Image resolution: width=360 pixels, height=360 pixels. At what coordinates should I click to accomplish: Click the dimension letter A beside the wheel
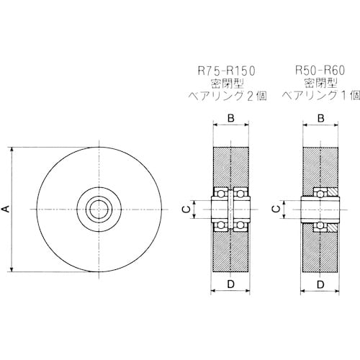tap(6, 209)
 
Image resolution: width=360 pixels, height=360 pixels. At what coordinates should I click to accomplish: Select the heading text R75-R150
tap(226, 71)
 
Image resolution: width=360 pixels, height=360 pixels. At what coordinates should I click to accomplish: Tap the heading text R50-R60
tap(320, 71)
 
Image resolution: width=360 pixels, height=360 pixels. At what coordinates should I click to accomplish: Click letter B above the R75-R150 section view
tap(231, 118)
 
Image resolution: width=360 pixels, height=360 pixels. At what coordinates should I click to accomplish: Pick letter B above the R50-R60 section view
tap(321, 118)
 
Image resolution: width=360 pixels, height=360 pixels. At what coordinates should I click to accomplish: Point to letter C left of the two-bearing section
tap(186, 210)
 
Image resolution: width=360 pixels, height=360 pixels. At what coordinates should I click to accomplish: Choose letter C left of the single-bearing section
tap(276, 209)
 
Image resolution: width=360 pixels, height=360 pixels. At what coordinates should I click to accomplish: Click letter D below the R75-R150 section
tap(230, 284)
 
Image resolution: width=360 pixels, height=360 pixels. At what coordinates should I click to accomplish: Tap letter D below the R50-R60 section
tap(320, 284)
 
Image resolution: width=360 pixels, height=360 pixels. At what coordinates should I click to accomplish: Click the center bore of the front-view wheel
tap(99, 210)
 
